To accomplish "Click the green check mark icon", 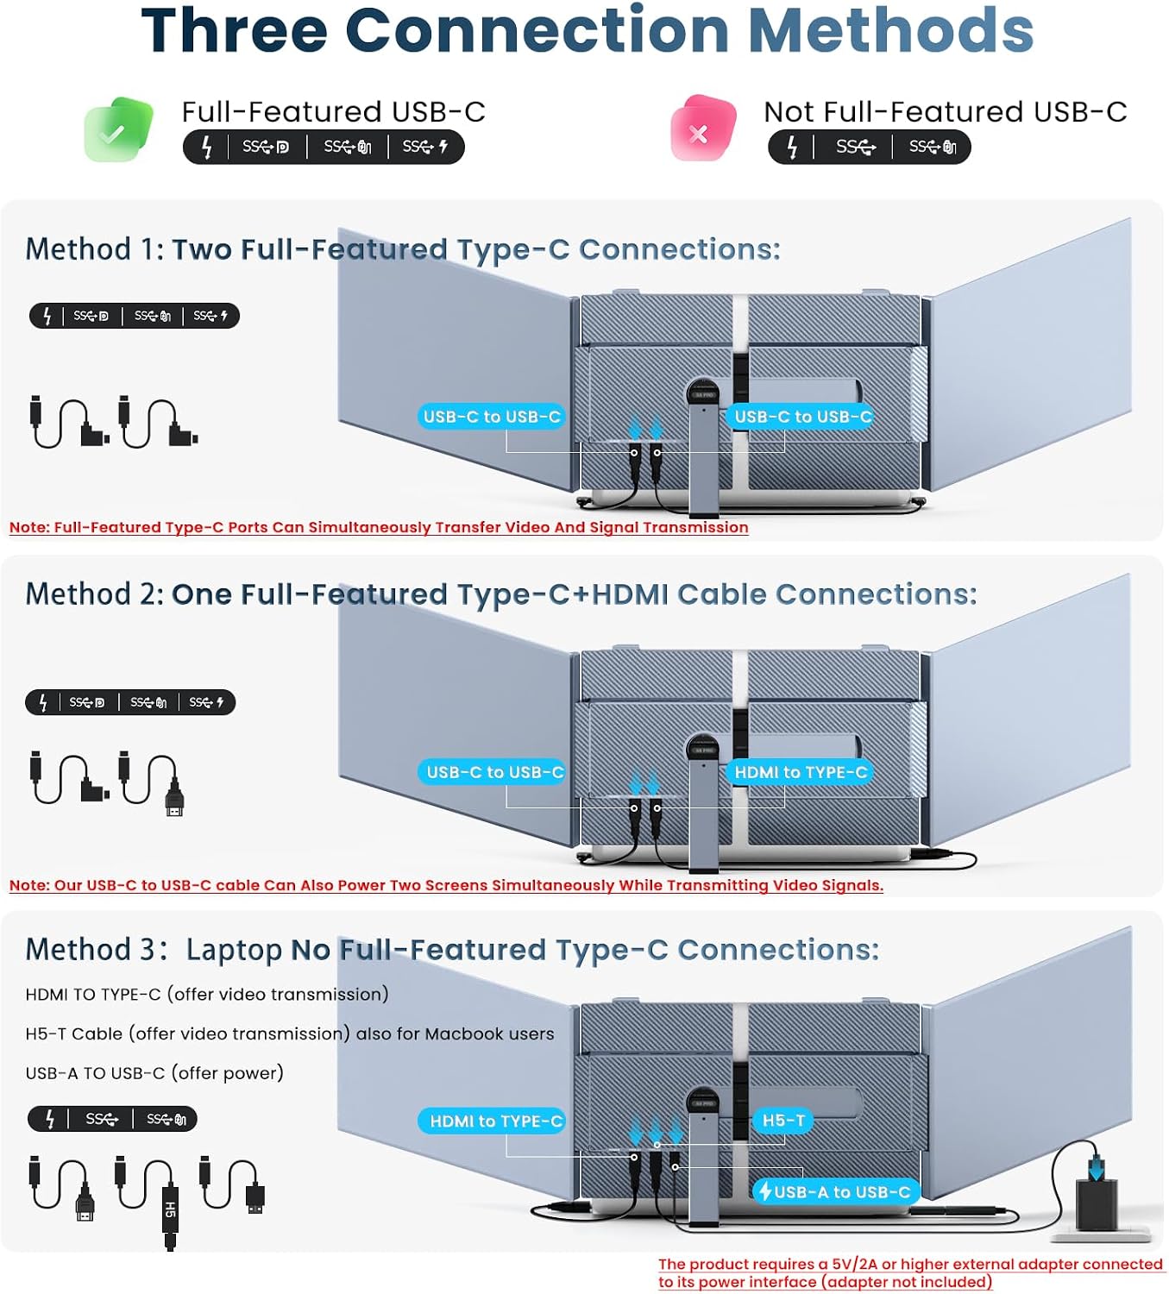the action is (x=118, y=129).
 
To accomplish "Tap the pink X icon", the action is (x=702, y=129).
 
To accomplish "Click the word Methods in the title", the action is (x=891, y=31).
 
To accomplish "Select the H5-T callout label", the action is (x=783, y=1120).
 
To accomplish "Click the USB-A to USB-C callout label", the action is (x=836, y=1191).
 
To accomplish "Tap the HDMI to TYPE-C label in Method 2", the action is (x=800, y=771).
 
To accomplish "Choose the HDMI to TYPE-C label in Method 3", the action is (x=493, y=1121).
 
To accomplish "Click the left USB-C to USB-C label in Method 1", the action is (x=492, y=417).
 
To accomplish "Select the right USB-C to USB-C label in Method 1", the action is (x=801, y=417).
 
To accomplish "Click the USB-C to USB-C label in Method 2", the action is (x=493, y=771).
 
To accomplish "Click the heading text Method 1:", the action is (x=95, y=249).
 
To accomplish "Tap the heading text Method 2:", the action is (x=95, y=594).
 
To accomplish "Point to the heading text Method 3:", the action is (x=97, y=949).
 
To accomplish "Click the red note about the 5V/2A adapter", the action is (x=909, y=1272).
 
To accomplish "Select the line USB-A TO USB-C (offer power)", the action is (x=154, y=1073).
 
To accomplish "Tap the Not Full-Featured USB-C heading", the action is (x=946, y=111).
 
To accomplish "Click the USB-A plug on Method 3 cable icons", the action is (x=255, y=1197).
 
